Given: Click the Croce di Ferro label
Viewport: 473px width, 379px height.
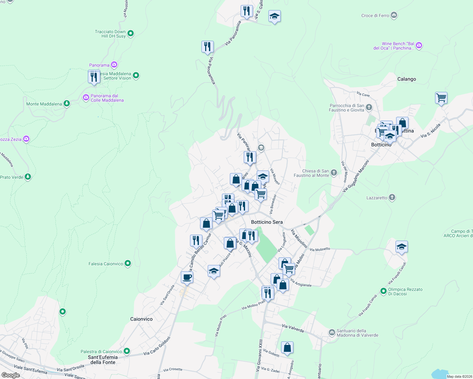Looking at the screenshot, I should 375,15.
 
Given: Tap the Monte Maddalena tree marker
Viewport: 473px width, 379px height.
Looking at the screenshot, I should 66,104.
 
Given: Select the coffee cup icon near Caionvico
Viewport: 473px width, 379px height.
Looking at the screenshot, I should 187,277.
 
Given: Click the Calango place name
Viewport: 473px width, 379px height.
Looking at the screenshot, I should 407,79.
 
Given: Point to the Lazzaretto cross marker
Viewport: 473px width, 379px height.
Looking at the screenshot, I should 392,198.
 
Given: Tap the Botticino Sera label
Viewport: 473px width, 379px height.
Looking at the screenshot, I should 267,222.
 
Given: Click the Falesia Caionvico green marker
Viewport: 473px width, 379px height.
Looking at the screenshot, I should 128,263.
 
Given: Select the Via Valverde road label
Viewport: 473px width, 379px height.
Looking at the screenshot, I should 293,328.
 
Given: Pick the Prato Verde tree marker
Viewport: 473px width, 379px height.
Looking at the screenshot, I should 28,177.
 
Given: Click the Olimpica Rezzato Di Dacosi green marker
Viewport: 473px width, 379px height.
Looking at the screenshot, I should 383,291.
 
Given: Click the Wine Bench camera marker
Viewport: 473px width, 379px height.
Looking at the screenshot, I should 419,45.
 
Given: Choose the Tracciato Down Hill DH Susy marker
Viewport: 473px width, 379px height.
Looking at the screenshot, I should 130,33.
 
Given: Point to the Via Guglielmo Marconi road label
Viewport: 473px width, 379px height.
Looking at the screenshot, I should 356,176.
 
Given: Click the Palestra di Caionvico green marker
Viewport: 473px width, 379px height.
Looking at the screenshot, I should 127,351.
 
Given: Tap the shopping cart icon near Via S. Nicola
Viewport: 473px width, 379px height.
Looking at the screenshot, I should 441,98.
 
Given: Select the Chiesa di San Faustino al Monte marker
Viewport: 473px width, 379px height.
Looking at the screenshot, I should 334,172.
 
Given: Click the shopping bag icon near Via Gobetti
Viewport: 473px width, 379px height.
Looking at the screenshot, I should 287,347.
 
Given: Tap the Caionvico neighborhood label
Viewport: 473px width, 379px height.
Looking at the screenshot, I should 141,319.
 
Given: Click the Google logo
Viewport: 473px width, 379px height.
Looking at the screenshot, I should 10,375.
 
